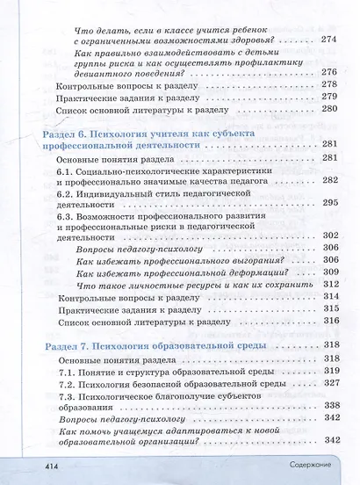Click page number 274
(329, 40)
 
